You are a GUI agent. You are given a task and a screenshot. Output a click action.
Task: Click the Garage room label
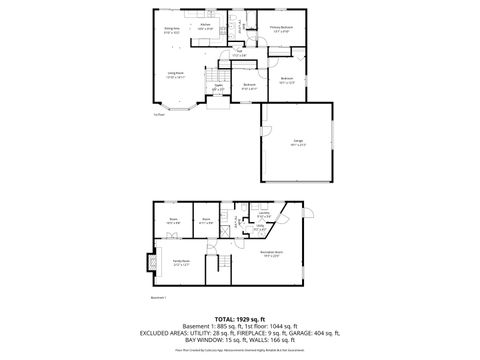tap(298, 142)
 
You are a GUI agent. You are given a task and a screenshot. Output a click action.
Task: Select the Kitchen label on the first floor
tap(205, 26)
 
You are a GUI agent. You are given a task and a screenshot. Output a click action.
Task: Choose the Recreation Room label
tap(270, 254)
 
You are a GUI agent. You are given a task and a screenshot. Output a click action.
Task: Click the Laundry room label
tap(263, 215)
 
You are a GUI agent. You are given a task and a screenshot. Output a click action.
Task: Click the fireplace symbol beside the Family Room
tap(150, 264)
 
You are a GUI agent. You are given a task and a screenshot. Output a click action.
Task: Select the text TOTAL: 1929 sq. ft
tap(240, 319)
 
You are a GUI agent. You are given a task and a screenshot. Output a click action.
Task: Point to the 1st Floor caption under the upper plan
tap(159, 115)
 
